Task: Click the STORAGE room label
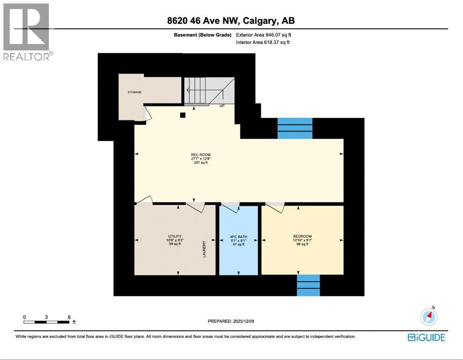135,92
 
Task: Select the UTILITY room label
175,236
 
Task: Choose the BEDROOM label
303,236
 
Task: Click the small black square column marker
183,115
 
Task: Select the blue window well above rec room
295,128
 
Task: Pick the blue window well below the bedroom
308,285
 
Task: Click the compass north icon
429,317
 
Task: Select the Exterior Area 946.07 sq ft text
266,35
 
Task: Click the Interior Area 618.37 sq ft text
263,43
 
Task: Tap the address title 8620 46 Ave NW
231,21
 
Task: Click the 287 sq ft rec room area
200,163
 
